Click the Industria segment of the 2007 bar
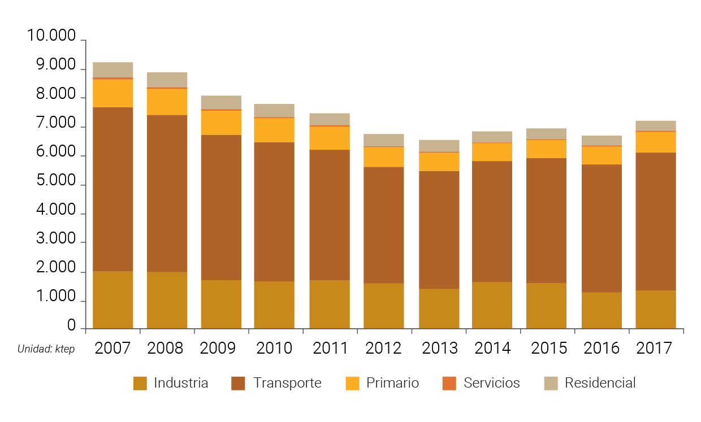pyautogui.click(x=113, y=300)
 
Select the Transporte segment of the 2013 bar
pyautogui.click(x=439, y=230)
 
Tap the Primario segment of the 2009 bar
pyautogui.click(x=221, y=123)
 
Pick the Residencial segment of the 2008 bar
pyautogui.click(x=167, y=80)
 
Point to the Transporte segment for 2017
pyautogui.click(x=656, y=221)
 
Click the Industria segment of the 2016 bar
pyautogui.click(x=602, y=310)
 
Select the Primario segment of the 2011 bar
pyautogui.click(x=330, y=138)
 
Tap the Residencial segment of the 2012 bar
pyautogui.click(x=384, y=140)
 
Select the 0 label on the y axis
pyautogui.click(x=71, y=326)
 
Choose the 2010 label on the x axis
pyautogui.click(x=275, y=348)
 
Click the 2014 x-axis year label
pyautogui.click(x=492, y=348)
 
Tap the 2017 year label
pyautogui.click(x=655, y=348)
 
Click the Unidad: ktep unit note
pyautogui.click(x=46, y=349)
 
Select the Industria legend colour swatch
pyautogui.click(x=140, y=383)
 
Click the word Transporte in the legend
pyautogui.click(x=287, y=383)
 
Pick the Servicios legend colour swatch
pyautogui.click(x=449, y=383)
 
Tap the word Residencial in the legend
pyautogui.click(x=600, y=383)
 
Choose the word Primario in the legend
pyautogui.click(x=392, y=383)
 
